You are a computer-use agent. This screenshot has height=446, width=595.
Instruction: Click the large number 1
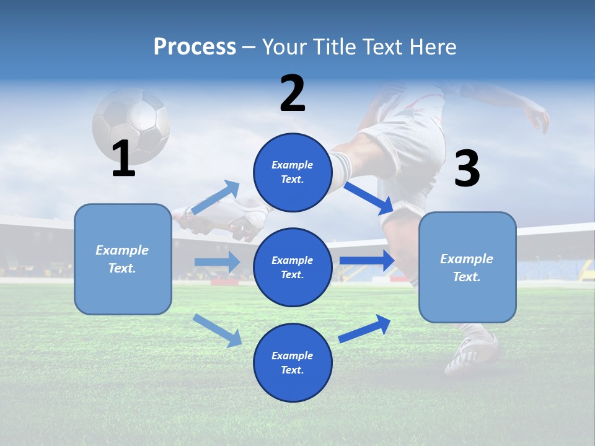pyautogui.click(x=123, y=159)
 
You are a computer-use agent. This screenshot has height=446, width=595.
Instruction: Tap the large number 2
pyautogui.click(x=293, y=94)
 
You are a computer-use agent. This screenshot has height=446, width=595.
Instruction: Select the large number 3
pyautogui.click(x=467, y=168)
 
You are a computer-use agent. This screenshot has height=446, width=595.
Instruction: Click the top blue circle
pyautogui.click(x=293, y=172)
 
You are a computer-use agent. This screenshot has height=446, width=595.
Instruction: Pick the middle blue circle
pyautogui.click(x=293, y=267)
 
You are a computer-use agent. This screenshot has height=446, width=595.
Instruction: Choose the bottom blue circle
pyautogui.click(x=293, y=362)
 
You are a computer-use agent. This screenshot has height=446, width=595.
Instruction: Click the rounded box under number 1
pyautogui.click(x=123, y=259)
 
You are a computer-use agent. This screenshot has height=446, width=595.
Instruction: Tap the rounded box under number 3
pyautogui.click(x=467, y=267)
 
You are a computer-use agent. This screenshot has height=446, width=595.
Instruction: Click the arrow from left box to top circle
pyautogui.click(x=216, y=197)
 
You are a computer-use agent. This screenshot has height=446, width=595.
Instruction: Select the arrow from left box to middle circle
pyautogui.click(x=217, y=262)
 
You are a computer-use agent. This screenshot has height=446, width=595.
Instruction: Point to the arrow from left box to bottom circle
pyautogui.click(x=217, y=329)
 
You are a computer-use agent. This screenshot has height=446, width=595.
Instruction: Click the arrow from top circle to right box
pyautogui.click(x=369, y=198)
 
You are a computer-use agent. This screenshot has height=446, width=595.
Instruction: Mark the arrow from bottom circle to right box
pyautogui.click(x=365, y=328)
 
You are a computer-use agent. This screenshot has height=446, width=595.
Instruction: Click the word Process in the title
pyautogui.click(x=195, y=46)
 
